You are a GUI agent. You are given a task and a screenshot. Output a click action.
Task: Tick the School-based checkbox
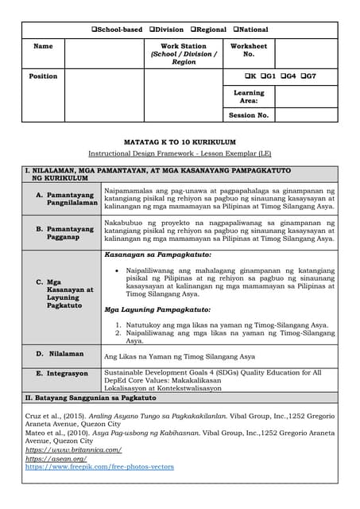point(95,29)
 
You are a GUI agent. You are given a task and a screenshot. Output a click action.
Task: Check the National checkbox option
point(236,29)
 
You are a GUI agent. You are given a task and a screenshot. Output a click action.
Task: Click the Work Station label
point(183,46)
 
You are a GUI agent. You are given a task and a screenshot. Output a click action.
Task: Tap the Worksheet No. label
point(248,50)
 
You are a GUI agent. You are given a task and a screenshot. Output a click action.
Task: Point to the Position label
point(43,76)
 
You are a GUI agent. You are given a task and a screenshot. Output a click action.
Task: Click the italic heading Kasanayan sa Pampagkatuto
point(157,255)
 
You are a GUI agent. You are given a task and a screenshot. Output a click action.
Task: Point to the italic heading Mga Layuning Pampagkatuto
point(157,309)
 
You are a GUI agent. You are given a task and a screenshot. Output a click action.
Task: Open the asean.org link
point(56,459)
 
